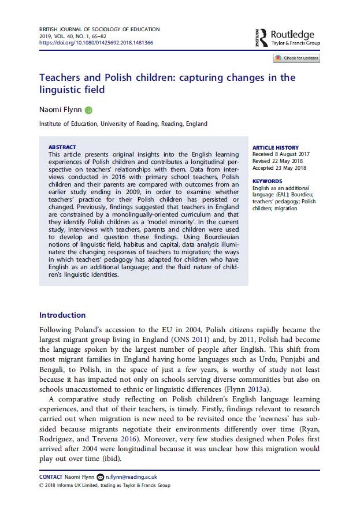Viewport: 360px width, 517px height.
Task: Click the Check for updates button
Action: (296, 58)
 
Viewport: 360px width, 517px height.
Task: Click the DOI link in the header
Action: (96, 42)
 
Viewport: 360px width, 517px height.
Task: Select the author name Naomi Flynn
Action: (60, 109)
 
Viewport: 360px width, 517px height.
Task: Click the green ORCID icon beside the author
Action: (88, 110)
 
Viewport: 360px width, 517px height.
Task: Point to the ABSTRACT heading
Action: (62, 147)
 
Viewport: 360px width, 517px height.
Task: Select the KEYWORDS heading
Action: (267, 181)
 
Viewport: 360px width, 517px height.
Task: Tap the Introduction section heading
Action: (62, 315)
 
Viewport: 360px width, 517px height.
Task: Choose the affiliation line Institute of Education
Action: (123, 124)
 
